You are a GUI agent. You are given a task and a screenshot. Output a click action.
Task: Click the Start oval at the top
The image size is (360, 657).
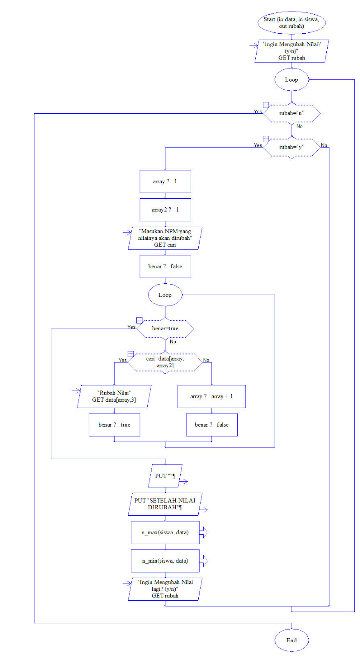291,23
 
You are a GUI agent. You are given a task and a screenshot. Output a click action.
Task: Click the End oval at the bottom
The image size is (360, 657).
291,640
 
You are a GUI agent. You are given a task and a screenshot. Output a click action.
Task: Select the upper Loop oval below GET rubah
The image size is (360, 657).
291,80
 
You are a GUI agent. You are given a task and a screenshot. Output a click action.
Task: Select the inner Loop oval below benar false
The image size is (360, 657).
165,295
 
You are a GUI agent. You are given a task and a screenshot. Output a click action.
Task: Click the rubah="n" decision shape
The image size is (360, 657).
291,113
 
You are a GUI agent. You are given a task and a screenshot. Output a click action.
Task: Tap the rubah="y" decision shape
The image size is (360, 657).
291,147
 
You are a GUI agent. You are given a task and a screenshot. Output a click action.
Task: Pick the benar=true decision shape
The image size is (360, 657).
165,328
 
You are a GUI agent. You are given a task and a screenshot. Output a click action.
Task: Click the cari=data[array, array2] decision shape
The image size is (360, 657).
165,362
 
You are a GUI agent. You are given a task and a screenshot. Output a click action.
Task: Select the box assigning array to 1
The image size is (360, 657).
165,181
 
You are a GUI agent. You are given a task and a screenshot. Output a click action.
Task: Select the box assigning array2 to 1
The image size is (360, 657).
165,210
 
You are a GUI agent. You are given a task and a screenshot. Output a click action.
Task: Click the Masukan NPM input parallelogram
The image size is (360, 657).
165,238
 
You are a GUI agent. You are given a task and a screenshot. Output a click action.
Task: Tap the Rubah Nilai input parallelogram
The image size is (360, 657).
114,396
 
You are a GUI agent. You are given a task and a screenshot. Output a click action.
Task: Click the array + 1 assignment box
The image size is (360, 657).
211,396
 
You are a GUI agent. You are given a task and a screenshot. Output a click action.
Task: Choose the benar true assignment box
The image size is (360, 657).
114,425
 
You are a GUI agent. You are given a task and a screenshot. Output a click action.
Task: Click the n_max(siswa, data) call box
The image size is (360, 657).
165,533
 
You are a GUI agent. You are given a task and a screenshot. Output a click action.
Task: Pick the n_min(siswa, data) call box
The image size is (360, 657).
165,561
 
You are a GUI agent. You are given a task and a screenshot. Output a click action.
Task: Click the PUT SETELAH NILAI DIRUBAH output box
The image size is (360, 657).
165,504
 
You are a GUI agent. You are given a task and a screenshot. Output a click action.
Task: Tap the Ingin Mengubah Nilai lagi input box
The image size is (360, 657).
165,589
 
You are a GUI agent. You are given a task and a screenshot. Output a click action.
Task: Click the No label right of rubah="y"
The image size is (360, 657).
324,145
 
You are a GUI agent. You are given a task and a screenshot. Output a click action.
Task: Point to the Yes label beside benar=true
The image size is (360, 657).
131,327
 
